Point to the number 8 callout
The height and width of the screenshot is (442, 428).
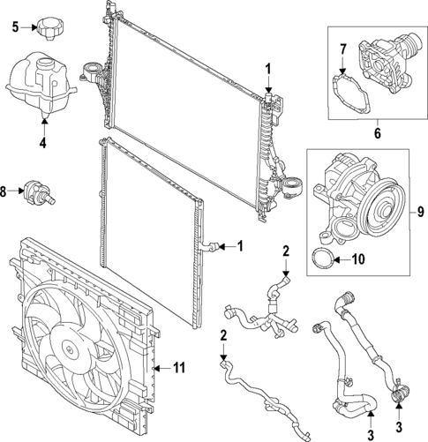click(x=7, y=191)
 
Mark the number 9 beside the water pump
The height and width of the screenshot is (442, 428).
click(x=419, y=212)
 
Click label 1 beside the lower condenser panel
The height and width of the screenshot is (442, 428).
click(x=238, y=246)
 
